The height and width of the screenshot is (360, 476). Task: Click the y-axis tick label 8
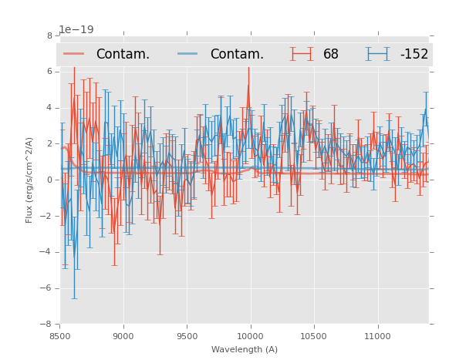pos(49,35)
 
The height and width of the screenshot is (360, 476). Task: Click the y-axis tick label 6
pos(49,72)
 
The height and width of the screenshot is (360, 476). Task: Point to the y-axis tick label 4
pos(49,108)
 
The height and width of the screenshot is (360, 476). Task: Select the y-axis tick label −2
pos(47,216)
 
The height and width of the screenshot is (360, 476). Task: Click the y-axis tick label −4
pos(47,252)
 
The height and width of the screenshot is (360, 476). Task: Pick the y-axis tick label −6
pos(47,288)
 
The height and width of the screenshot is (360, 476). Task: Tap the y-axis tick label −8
pos(47,325)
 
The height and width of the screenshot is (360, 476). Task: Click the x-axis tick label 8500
pos(60,336)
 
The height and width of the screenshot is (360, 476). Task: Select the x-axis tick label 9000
pos(123,336)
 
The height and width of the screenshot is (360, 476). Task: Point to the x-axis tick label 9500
pos(187,336)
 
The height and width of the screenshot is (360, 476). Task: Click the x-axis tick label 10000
pos(250,336)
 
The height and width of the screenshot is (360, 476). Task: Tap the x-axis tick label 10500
pos(313,336)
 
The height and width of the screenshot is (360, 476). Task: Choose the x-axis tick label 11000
pos(377,336)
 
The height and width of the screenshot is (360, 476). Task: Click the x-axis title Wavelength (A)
pos(245,349)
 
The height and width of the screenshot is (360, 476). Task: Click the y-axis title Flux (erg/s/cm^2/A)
pos(29,180)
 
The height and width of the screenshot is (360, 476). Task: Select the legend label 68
pos(331,54)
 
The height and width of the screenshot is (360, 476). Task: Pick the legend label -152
pos(414,54)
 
